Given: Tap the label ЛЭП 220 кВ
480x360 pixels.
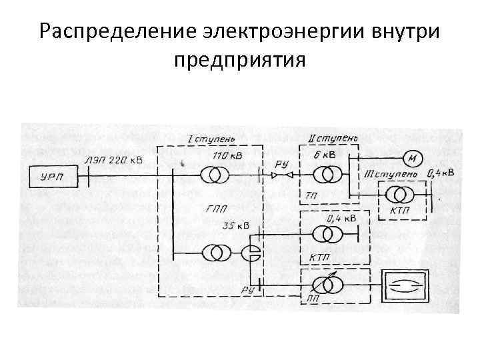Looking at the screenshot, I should [x=114, y=160].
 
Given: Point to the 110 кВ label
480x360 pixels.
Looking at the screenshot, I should [x=227, y=155].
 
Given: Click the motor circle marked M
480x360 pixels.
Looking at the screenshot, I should [x=412, y=159].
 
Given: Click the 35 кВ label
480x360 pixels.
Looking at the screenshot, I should [x=235, y=226].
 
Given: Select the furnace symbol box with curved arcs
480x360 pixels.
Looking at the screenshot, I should [x=405, y=284].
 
